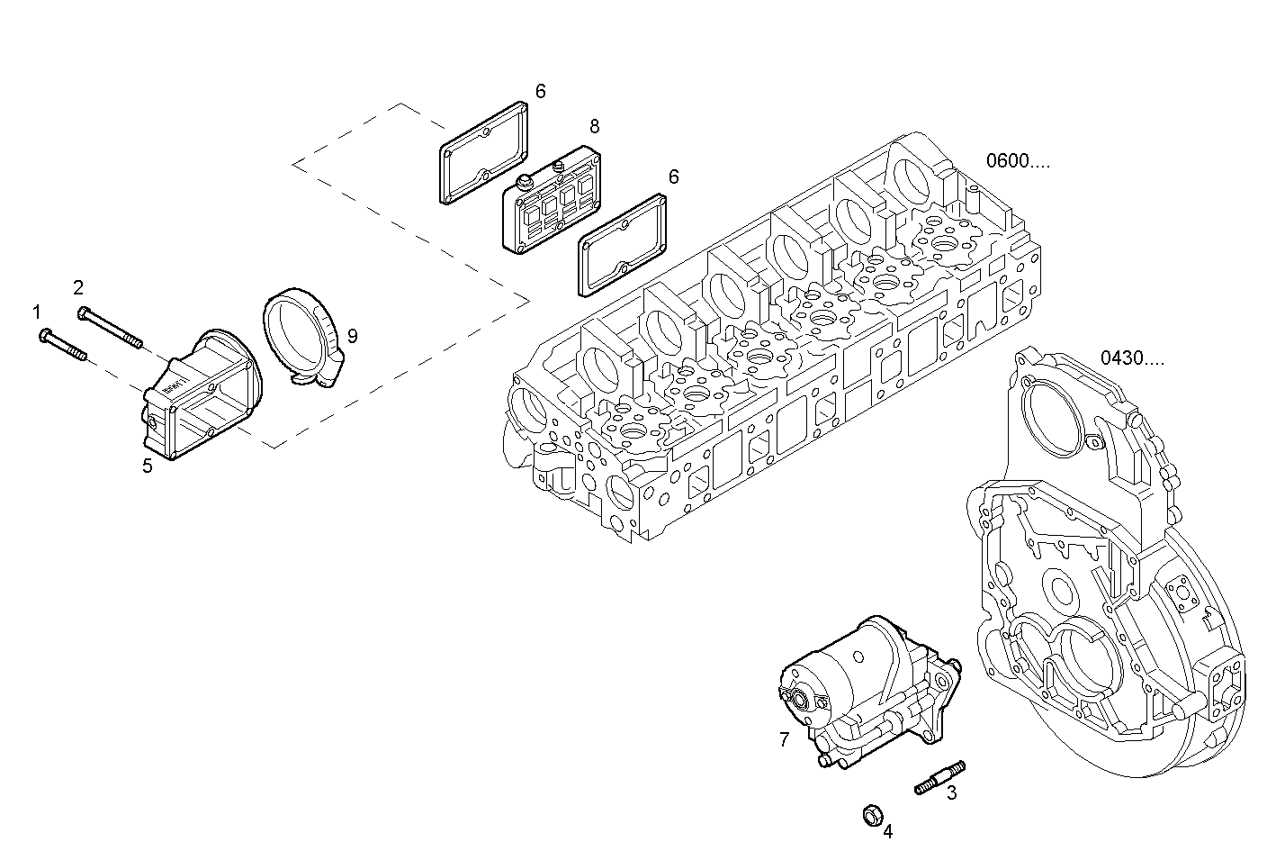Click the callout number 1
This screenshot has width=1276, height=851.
(x=37, y=312)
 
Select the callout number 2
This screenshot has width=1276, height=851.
(x=78, y=287)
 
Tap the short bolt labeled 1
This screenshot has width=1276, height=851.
(x=62, y=346)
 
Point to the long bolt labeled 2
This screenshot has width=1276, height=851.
(x=111, y=328)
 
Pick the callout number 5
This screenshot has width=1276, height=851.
(x=147, y=466)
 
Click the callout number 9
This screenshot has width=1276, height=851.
(x=352, y=336)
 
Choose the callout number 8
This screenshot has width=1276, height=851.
(x=594, y=126)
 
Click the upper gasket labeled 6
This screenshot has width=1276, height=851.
(x=482, y=153)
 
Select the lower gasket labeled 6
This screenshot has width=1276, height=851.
(x=622, y=247)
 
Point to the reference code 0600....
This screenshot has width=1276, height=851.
(x=1017, y=162)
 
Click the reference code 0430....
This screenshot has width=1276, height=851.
(x=1131, y=358)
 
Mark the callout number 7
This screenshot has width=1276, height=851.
(x=784, y=740)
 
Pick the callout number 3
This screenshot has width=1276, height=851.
(x=951, y=793)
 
